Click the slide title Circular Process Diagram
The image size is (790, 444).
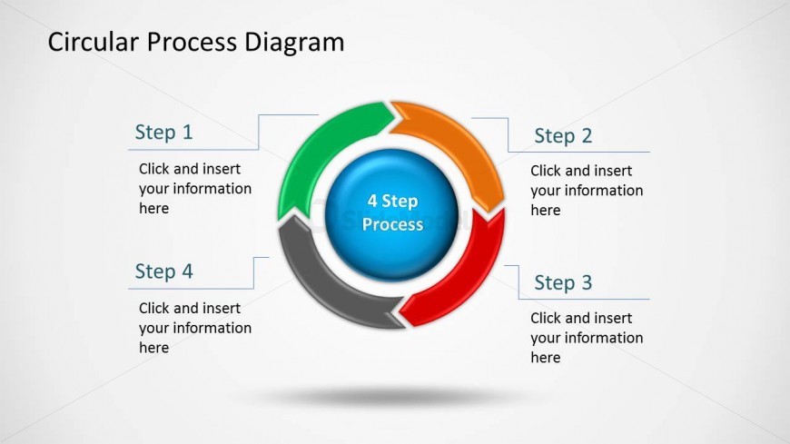pyautogui.click(x=195, y=42)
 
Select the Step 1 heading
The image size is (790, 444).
pyautogui.click(x=163, y=133)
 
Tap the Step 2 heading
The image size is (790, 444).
pyautogui.click(x=563, y=136)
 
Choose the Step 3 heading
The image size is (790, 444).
pyautogui.click(x=563, y=282)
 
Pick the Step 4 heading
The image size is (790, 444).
pyautogui.click(x=163, y=271)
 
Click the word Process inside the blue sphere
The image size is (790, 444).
pyautogui.click(x=392, y=224)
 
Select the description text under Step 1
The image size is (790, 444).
pyautogui.click(x=194, y=189)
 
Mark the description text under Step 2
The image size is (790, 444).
pyautogui.click(x=587, y=191)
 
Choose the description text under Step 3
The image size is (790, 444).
pyautogui.click(x=587, y=338)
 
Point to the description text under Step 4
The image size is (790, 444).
pyautogui.click(x=194, y=328)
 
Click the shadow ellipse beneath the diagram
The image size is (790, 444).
pyautogui.click(x=391, y=397)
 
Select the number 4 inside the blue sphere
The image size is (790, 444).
pyautogui.click(x=372, y=201)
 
